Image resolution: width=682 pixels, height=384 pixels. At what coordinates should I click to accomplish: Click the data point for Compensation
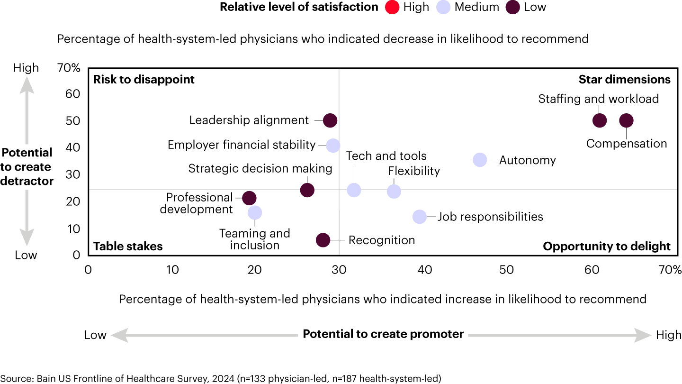click(x=626, y=120)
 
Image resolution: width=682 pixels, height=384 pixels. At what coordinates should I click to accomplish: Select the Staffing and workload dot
click(x=600, y=120)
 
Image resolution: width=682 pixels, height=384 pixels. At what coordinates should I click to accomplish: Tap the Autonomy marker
click(x=480, y=160)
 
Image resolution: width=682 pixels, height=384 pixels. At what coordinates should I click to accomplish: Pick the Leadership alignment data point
click(x=330, y=120)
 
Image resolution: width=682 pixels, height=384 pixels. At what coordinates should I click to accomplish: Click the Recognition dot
click(x=323, y=240)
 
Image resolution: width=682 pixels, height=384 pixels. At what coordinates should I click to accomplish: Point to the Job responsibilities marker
click(x=420, y=217)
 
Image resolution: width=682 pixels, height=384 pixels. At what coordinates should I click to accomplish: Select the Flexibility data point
click(x=394, y=192)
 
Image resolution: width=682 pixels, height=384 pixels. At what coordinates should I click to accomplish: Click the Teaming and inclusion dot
click(x=255, y=212)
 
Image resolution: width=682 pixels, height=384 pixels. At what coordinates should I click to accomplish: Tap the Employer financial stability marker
click(x=333, y=146)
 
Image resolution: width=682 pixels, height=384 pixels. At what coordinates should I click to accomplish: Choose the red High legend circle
click(x=392, y=7)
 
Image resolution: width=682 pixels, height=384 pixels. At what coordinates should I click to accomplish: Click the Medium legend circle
click(x=443, y=7)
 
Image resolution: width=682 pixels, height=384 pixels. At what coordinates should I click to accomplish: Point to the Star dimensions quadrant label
click(x=624, y=79)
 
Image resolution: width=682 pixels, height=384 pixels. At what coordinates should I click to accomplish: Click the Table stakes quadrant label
click(x=128, y=246)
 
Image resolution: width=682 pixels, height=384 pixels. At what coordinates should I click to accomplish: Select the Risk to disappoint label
click(x=144, y=79)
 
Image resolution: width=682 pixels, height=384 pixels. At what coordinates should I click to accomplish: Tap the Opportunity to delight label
click(x=606, y=246)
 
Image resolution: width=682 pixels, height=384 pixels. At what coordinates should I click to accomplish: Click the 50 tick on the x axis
click(x=507, y=270)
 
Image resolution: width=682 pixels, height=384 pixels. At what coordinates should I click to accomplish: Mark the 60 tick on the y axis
click(x=73, y=94)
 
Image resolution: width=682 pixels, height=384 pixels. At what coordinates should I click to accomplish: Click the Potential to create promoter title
click(x=383, y=334)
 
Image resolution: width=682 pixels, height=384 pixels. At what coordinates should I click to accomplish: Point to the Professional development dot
click(x=249, y=199)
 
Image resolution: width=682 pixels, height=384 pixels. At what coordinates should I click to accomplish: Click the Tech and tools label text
click(x=386, y=155)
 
